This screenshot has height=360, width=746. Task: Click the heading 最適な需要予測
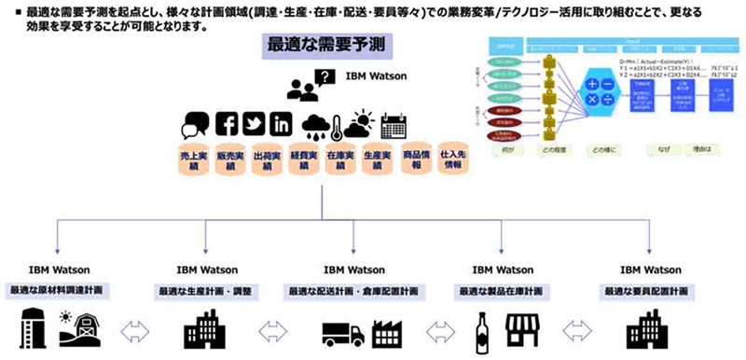(326, 46)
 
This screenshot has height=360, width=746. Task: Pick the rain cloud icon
(317, 126)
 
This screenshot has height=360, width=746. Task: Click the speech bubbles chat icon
(197, 125)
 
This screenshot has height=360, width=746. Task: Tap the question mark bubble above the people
(325, 77)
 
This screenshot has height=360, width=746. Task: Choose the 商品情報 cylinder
(417, 158)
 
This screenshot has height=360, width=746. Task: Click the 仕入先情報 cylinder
(454, 158)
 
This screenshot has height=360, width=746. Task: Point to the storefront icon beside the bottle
(524, 331)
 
